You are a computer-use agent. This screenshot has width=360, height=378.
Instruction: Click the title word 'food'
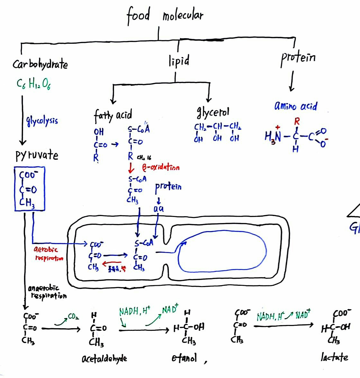click(x=138, y=15)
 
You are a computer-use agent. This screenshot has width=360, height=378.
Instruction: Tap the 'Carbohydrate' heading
click(x=40, y=64)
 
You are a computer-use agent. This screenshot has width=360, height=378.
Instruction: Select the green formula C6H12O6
click(x=33, y=84)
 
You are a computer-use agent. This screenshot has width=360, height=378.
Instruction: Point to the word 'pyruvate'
click(x=37, y=155)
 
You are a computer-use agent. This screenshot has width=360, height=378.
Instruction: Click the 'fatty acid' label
click(x=113, y=115)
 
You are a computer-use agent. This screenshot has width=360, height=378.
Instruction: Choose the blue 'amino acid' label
click(x=295, y=106)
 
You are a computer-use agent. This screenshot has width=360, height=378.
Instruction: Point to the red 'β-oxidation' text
click(x=161, y=167)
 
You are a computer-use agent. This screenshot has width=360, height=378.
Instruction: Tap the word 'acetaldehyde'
click(x=104, y=358)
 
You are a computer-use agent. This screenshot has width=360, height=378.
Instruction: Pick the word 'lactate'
click(x=334, y=357)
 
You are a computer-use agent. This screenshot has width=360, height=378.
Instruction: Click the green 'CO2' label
click(x=73, y=317)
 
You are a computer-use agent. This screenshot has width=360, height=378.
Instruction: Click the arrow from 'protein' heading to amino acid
click(x=292, y=81)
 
